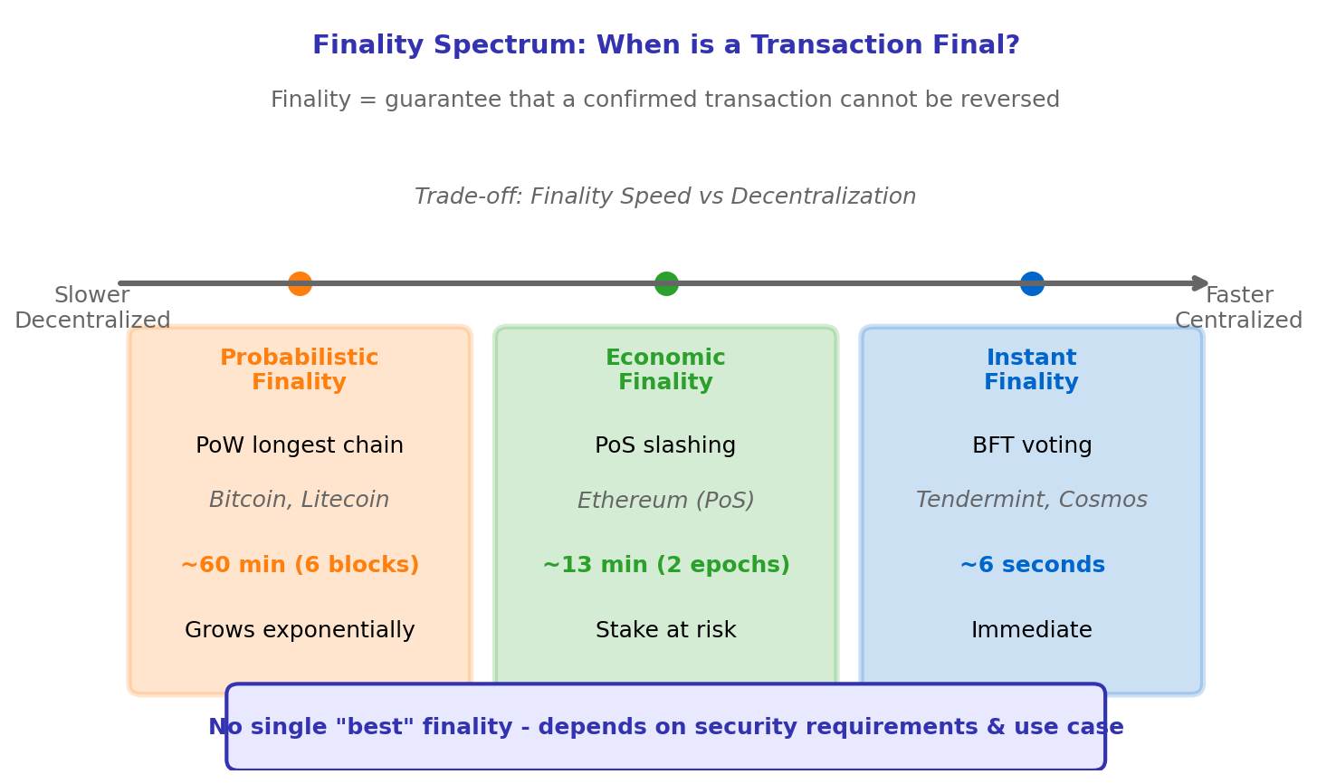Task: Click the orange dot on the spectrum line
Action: (x=300, y=283)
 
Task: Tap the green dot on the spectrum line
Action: (x=666, y=283)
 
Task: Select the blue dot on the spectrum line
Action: (x=1032, y=283)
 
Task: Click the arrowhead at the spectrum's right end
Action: (x=1202, y=283)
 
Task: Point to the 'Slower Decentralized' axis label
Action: (x=92, y=308)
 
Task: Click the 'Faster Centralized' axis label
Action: (x=1238, y=308)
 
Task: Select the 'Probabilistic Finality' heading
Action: (x=300, y=370)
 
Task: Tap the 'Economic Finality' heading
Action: (x=665, y=370)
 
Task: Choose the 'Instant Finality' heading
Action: (x=1032, y=370)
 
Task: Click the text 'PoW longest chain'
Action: (x=300, y=446)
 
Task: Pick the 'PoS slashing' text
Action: (x=665, y=446)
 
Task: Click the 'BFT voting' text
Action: (x=1032, y=446)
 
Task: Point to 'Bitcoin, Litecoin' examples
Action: (x=300, y=501)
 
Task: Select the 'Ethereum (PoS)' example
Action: (x=665, y=501)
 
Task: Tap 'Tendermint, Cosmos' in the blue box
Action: (x=1032, y=501)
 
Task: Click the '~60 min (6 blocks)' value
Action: (x=300, y=566)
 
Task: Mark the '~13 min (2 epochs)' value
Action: (x=665, y=566)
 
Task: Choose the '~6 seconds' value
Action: (x=1032, y=566)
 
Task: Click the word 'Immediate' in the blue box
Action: (x=1032, y=631)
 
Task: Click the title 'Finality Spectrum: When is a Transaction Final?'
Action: (x=665, y=46)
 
